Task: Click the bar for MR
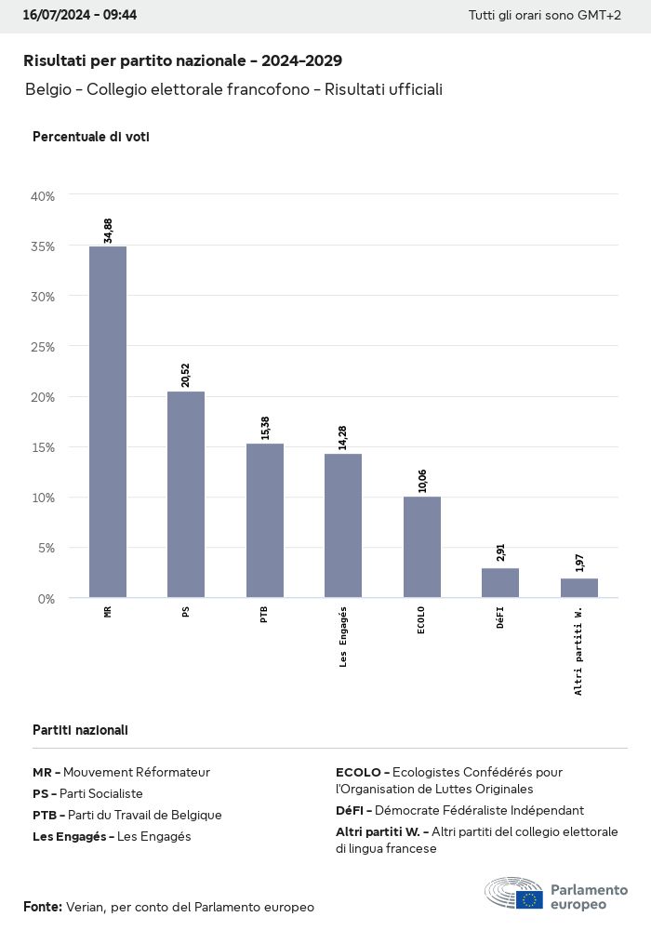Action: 108,421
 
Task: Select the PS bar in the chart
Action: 186,494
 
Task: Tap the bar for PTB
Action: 265,520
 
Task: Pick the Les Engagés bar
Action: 343,525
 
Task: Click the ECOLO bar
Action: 422,547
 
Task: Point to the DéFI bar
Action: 500,583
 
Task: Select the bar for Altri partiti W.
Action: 579,588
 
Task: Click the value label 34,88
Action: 109,231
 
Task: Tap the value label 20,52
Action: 187,375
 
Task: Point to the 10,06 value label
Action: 423,480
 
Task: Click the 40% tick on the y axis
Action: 43,196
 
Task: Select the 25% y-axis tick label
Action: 43,347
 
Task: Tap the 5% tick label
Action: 46,548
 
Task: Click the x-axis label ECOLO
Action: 422,621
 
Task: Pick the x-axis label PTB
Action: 265,615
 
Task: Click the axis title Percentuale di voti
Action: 91,137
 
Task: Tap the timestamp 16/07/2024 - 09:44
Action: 79,15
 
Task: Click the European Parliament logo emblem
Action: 513,894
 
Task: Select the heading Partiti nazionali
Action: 80,730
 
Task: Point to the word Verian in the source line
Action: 86,907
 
